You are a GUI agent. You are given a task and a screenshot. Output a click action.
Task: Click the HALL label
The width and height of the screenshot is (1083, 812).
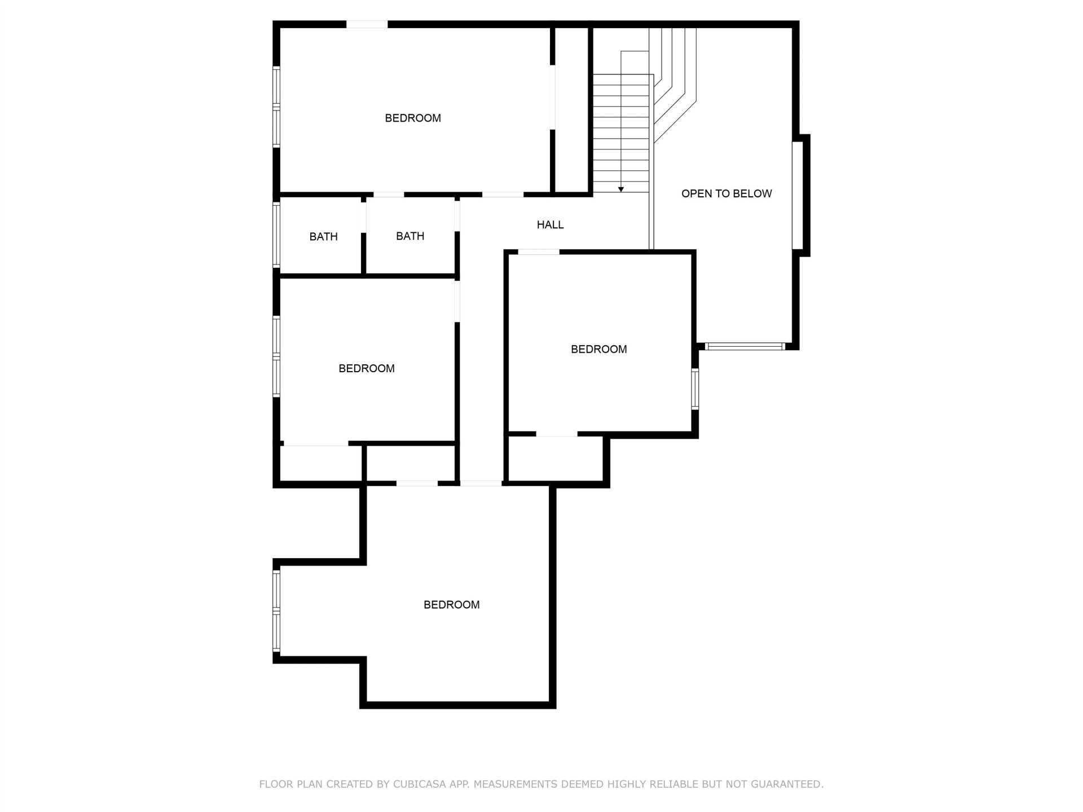tap(550, 225)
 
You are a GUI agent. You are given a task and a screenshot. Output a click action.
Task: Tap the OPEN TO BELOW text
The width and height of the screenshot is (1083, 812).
tap(727, 194)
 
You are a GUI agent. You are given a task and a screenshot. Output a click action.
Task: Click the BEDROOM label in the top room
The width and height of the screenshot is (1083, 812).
tap(413, 118)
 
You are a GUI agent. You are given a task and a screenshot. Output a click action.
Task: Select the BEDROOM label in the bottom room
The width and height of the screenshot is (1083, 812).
tap(452, 605)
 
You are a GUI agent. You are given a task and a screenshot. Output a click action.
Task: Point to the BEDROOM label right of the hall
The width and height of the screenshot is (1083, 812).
tap(599, 350)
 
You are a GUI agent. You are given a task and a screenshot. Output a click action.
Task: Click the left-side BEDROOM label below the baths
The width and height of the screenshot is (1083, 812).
tap(367, 369)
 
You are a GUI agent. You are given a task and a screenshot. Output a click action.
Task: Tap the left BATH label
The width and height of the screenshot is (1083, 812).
tap(324, 237)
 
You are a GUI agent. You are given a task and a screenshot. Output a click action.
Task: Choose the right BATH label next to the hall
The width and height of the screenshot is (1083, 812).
tap(410, 236)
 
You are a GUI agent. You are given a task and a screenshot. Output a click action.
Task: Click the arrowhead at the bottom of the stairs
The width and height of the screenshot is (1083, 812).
tap(621, 189)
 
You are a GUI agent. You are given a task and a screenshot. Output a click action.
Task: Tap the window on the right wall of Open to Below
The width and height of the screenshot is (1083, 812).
tap(798, 195)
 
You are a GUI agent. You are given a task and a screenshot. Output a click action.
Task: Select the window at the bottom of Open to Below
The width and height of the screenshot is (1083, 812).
tap(745, 346)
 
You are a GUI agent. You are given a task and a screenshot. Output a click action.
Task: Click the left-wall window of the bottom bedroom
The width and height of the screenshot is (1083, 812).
tap(276, 611)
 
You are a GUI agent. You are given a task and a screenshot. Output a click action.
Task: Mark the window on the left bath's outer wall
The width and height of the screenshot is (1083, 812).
tap(276, 235)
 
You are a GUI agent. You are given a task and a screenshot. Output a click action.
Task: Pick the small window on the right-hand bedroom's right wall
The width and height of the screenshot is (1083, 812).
tap(695, 389)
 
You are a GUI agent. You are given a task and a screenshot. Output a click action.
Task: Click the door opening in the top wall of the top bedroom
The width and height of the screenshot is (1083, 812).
tap(367, 24)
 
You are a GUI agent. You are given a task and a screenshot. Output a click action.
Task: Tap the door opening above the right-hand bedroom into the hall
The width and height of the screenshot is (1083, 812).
tap(539, 252)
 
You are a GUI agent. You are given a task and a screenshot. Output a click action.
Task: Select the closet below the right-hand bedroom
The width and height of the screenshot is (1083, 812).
tap(556, 459)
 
